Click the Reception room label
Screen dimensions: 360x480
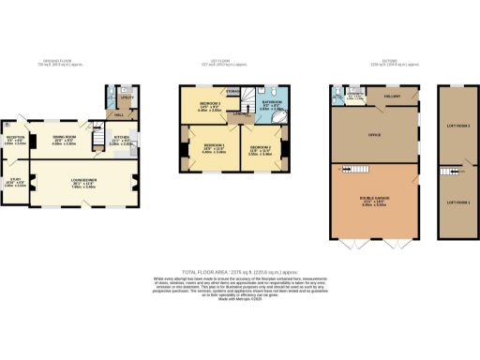16,141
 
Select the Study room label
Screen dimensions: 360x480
16,182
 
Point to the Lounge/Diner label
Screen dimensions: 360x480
85,182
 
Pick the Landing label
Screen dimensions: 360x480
241,116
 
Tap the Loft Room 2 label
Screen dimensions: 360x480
457,124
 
